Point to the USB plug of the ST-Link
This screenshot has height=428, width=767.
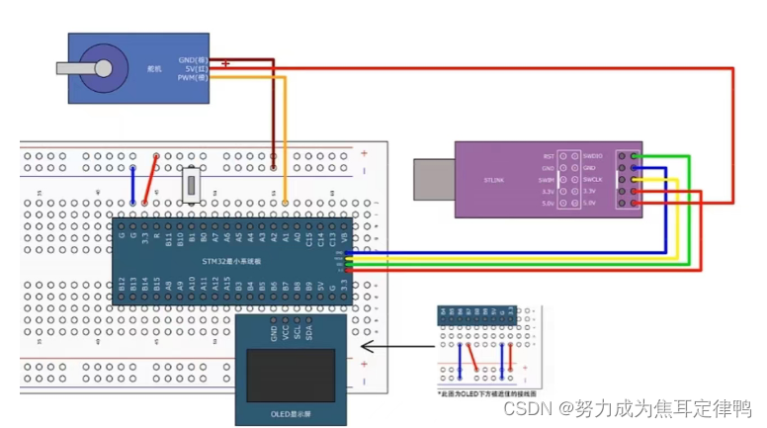(x=431, y=182)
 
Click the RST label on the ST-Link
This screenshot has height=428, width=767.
(x=549, y=156)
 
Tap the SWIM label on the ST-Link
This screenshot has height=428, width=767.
(x=548, y=180)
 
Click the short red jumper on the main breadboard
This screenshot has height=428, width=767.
(x=151, y=180)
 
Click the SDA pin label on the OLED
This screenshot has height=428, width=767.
(x=309, y=331)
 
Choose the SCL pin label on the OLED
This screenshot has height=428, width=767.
(x=298, y=331)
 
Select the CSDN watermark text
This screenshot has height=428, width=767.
(x=628, y=408)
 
